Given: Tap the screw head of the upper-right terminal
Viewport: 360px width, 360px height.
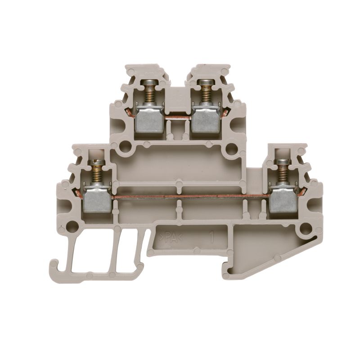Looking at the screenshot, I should (206, 82).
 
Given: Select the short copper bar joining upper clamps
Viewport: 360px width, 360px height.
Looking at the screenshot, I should (178, 118).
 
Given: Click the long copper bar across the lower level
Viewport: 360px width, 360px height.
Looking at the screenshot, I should (189, 197).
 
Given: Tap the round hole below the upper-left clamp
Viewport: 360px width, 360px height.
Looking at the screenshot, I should (126, 147).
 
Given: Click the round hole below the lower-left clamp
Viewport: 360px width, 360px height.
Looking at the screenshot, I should (71, 226).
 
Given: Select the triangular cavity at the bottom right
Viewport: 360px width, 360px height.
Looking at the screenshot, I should (252, 256).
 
